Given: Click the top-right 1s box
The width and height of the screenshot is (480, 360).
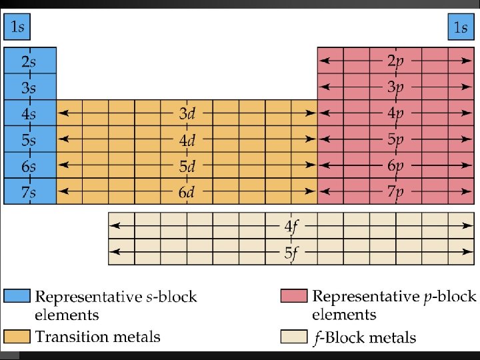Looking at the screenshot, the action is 460,28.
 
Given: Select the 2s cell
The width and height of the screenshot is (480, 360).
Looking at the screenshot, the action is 30,61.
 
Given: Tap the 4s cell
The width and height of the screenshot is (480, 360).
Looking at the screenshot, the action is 30,113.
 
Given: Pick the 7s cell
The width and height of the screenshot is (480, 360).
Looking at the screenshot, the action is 30,192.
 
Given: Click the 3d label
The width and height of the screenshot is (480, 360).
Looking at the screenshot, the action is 187,113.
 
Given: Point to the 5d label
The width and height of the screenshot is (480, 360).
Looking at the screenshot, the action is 187,166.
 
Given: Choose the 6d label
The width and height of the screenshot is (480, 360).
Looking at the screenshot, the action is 187,192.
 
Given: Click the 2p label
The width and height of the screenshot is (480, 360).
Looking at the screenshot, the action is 396,61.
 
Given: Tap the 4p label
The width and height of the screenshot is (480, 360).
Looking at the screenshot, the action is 396,113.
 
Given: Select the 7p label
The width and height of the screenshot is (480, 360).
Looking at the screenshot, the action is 396,192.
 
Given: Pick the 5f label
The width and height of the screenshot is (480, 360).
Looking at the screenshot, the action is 291,253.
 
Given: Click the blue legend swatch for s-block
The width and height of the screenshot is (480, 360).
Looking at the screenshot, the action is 17,296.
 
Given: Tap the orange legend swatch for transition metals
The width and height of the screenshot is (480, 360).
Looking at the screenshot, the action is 17,337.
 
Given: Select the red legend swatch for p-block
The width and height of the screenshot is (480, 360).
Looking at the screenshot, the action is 294,296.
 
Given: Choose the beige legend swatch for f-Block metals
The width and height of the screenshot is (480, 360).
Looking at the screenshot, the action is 294,337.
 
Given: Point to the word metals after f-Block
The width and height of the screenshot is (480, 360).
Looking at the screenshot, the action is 393,338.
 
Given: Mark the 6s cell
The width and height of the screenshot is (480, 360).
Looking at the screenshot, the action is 30,166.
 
